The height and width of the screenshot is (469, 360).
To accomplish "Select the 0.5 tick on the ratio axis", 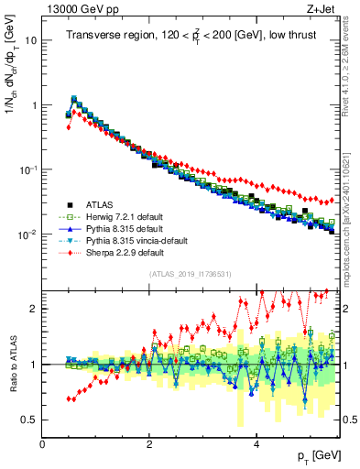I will [28, 420].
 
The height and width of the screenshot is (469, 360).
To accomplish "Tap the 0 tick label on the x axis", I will [43, 443].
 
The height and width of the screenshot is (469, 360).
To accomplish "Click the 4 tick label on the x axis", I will [256, 443].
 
